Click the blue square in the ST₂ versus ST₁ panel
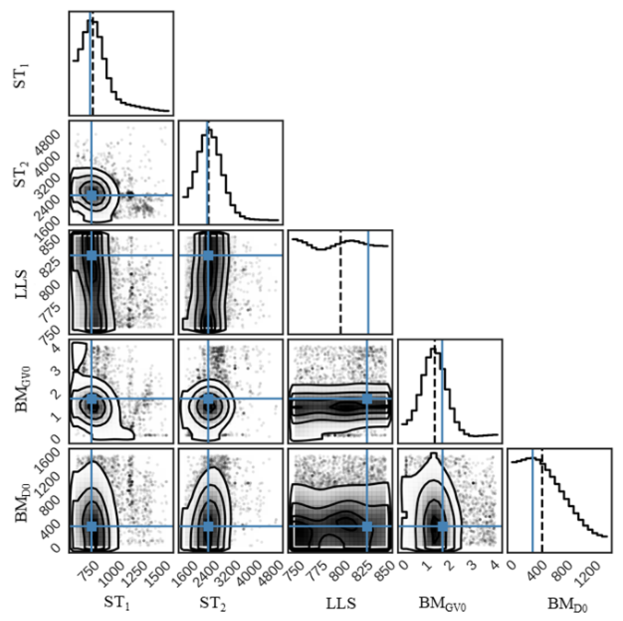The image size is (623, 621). click(x=92, y=195)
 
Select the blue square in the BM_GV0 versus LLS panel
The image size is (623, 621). click(x=367, y=399)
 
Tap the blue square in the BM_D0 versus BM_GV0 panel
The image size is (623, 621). click(x=443, y=526)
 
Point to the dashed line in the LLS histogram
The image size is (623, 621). click(x=341, y=290)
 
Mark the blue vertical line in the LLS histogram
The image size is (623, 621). click(x=368, y=290)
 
